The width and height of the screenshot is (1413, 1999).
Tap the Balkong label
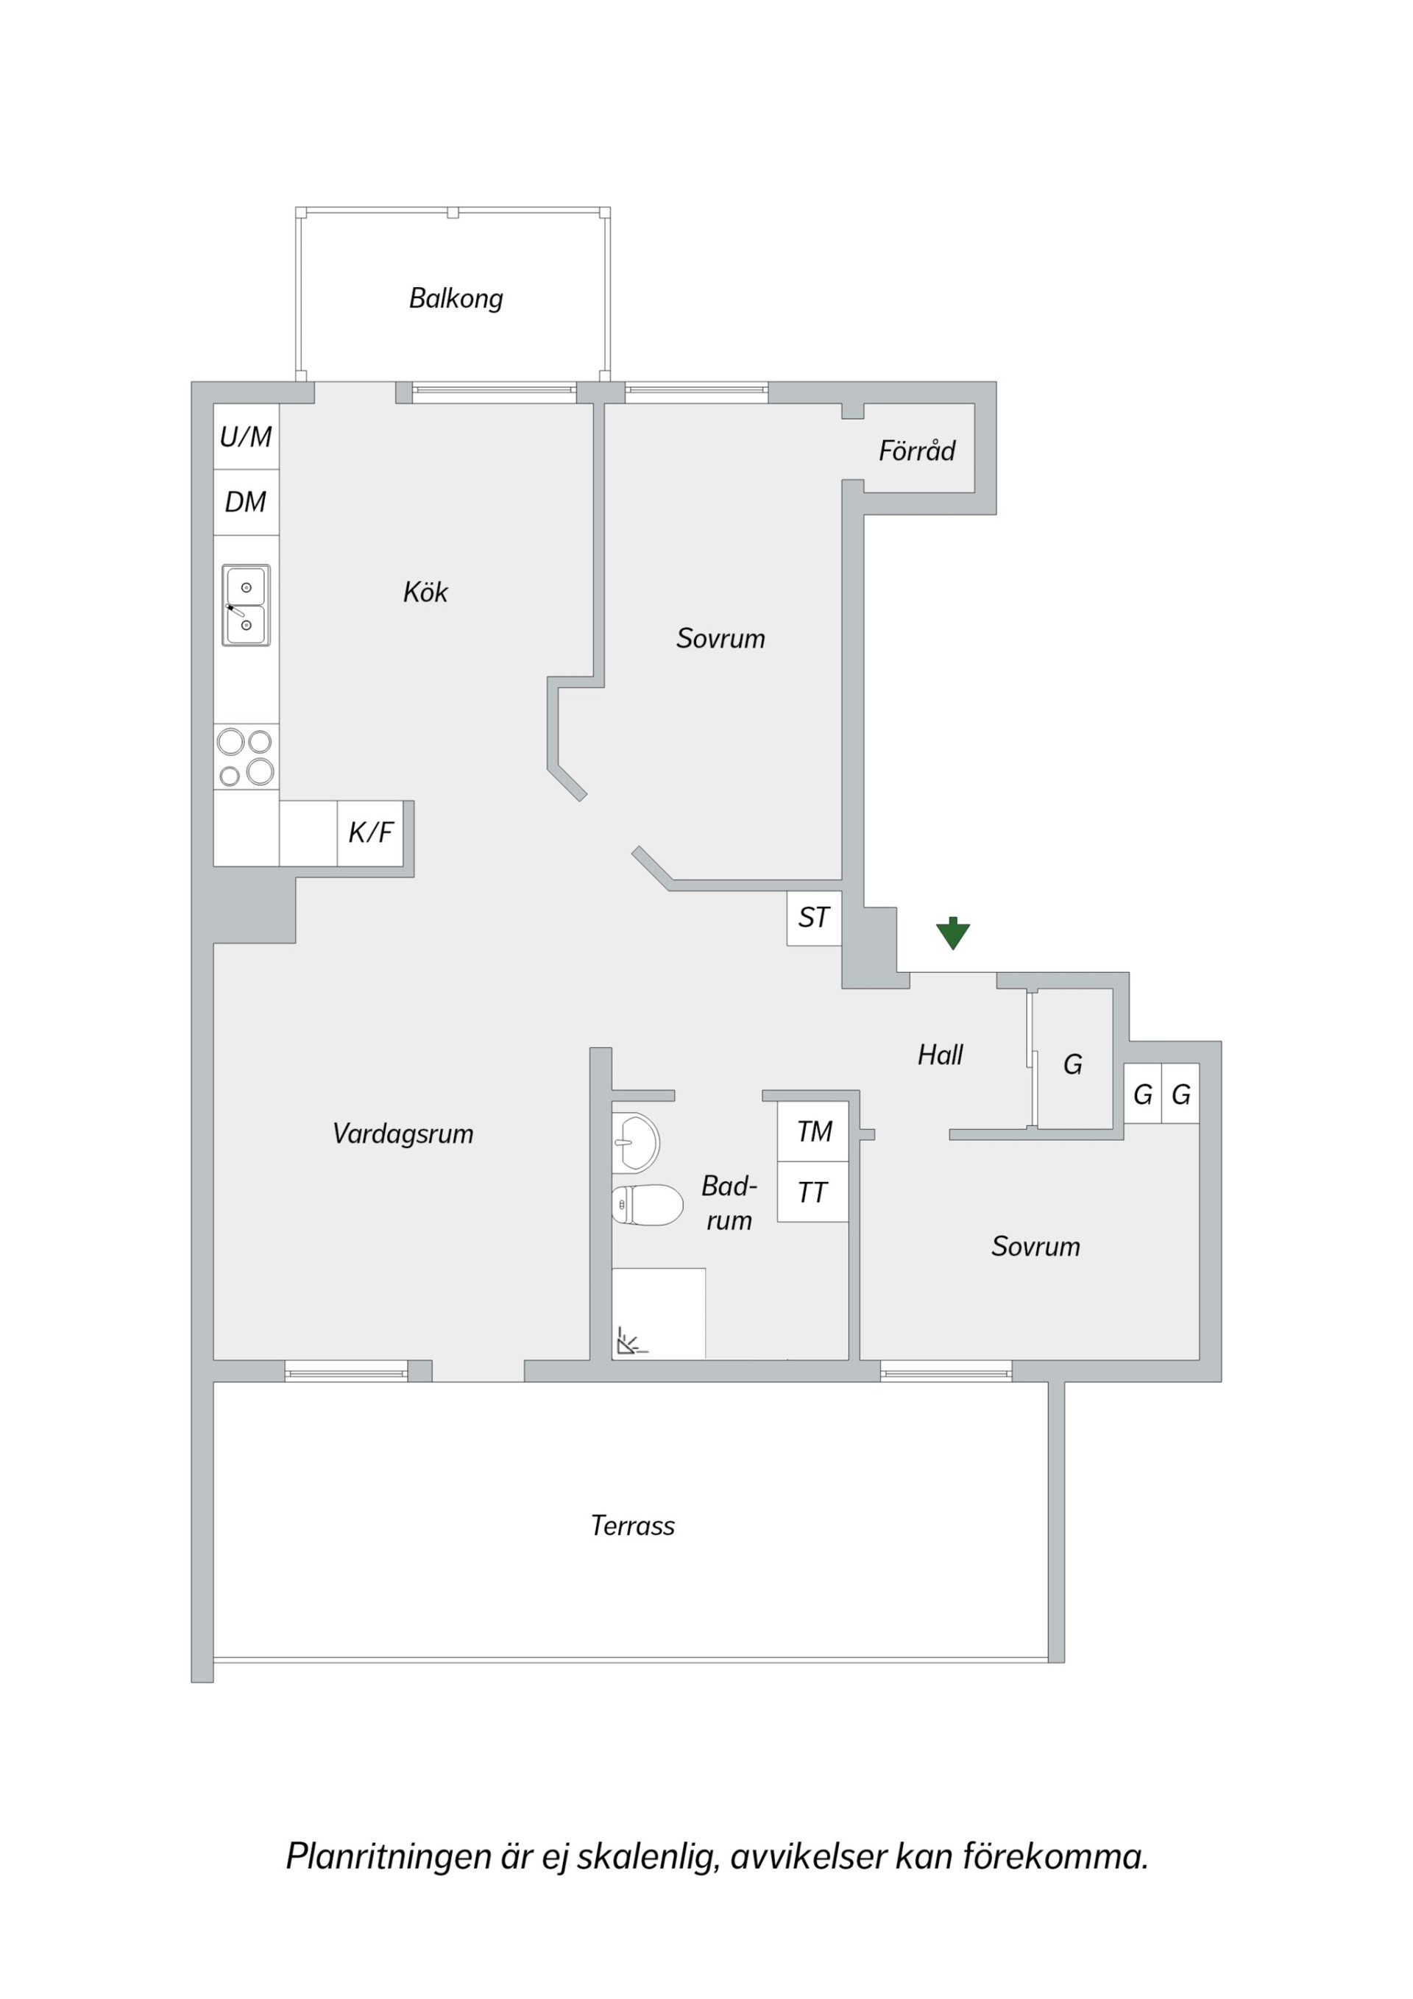tap(456, 299)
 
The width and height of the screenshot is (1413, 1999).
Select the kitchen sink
tap(246, 605)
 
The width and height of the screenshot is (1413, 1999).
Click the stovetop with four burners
tap(247, 757)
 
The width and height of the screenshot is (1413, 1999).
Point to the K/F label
tap(371, 832)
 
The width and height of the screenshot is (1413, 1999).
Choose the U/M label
tap(246, 436)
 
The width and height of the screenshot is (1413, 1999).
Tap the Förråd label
tap(917, 450)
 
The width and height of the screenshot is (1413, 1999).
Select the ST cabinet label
tap(814, 918)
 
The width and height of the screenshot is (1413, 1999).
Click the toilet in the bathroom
tap(647, 1205)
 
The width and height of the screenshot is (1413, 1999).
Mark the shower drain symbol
tap(630, 1342)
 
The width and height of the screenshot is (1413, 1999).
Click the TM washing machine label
tap(814, 1132)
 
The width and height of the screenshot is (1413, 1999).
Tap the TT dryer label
tap(812, 1193)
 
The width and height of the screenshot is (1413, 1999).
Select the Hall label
tap(941, 1055)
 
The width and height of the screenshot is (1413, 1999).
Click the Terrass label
tap(633, 1526)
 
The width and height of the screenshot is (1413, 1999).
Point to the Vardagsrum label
tap(403, 1133)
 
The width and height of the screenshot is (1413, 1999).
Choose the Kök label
tap(425, 592)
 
